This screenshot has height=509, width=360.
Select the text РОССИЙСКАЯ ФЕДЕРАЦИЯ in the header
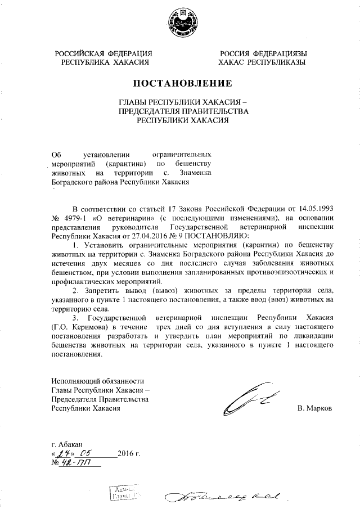(x=104, y=53)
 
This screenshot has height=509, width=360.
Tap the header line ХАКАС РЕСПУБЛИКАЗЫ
(x=263, y=62)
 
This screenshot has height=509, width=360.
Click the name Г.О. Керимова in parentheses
(x=79, y=327)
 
